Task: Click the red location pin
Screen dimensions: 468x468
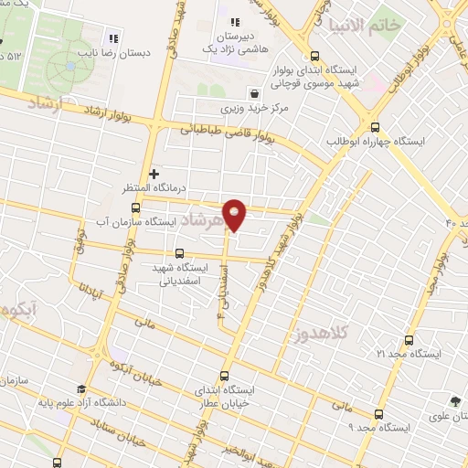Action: point(235,213)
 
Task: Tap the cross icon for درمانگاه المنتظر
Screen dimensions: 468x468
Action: point(154,173)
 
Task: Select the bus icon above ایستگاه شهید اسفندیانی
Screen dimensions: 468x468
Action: point(179,253)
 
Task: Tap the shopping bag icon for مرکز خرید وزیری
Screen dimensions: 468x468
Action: point(254,93)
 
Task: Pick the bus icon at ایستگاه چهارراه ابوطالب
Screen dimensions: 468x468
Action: point(376,127)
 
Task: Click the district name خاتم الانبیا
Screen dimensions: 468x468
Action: point(395,25)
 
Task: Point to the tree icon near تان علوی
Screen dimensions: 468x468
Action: point(454,400)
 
